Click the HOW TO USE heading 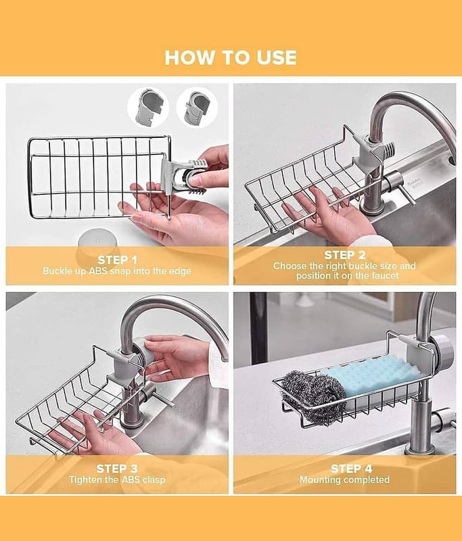click(231, 57)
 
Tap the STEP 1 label click(117, 260)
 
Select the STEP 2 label click(345, 255)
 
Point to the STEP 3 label click(117, 469)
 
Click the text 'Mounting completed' click(344, 480)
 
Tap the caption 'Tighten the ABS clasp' click(117, 480)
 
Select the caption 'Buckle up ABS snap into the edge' click(117, 271)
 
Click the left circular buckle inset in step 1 click(148, 108)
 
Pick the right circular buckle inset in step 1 click(197, 108)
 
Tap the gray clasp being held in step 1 click(182, 175)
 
